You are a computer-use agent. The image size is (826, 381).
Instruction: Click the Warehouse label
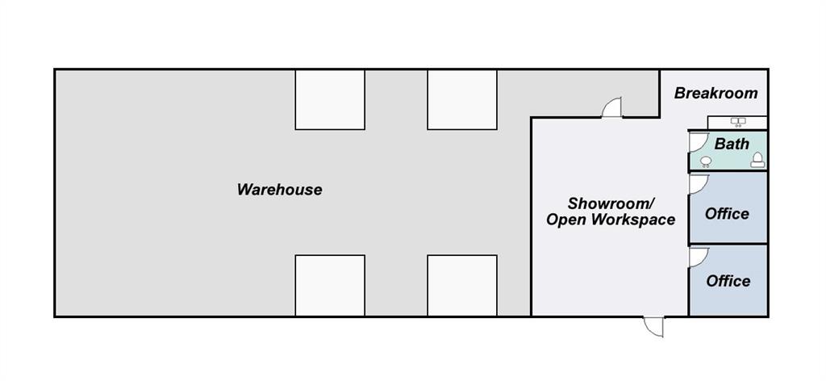coord(279,190)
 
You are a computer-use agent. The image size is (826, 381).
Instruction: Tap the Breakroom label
coord(715,93)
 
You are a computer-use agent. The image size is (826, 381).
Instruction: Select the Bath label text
coord(732,144)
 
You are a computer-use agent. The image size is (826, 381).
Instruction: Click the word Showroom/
coord(611,203)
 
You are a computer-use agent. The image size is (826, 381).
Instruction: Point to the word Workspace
coord(632,220)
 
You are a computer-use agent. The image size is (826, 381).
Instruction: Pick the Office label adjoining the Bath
coord(727,214)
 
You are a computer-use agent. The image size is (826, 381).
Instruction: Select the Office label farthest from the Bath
coord(728,281)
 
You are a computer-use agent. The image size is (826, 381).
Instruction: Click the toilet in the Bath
coord(757,161)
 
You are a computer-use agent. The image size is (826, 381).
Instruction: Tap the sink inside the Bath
coord(705,161)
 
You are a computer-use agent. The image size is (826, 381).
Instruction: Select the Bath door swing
coord(699,142)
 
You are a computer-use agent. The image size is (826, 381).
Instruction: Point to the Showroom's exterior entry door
coord(653,326)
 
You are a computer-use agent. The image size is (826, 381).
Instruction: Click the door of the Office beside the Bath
coord(699,184)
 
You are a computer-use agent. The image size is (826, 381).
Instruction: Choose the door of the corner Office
coord(699,257)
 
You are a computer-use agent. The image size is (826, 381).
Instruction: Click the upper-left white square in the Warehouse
coord(330,99)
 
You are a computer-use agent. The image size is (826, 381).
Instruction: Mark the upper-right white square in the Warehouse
coord(462,99)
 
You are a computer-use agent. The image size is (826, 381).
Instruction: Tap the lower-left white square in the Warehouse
coord(330,285)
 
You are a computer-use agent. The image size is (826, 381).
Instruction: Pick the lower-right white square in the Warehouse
coord(462,285)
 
